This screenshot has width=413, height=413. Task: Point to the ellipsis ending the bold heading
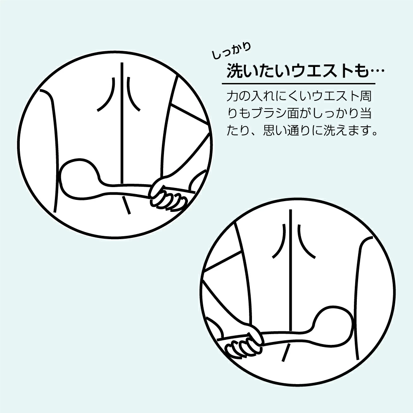pos(376,71)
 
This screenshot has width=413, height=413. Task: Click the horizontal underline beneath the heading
pos(299,84)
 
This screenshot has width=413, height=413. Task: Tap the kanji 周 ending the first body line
pos(365,96)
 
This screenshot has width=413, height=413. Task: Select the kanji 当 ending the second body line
pos(366,113)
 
